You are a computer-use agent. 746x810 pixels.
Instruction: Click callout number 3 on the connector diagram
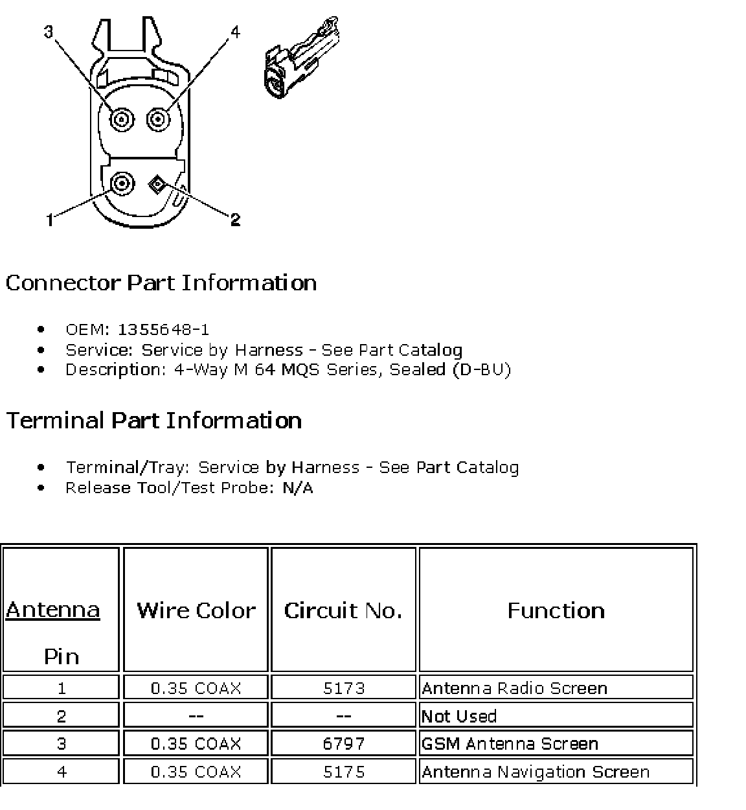click(x=49, y=31)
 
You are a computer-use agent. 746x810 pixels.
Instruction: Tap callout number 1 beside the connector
click(x=50, y=221)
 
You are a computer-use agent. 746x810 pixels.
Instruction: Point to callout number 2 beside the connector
click(x=235, y=220)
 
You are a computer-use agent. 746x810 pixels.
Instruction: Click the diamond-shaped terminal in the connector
click(x=156, y=185)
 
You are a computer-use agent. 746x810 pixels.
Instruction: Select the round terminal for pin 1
click(x=121, y=184)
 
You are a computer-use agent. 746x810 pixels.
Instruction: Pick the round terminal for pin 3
click(x=121, y=119)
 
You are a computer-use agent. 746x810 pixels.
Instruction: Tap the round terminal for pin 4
click(x=157, y=119)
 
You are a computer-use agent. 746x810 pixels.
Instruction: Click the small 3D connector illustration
click(x=300, y=60)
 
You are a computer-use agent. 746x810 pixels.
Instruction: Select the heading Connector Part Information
click(x=161, y=283)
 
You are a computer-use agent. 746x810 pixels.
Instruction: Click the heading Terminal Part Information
click(x=154, y=421)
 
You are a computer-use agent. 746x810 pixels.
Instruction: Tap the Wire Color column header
click(x=196, y=610)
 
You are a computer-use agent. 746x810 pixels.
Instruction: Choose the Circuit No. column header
click(x=343, y=610)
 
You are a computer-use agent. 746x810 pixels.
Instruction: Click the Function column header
click(x=556, y=610)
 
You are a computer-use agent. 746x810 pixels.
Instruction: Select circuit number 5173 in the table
click(x=344, y=688)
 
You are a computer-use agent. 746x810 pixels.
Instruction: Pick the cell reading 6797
click(x=344, y=743)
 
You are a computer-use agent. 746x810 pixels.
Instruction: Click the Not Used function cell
click(x=459, y=716)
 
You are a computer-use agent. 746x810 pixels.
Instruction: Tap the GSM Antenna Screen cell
click(x=510, y=743)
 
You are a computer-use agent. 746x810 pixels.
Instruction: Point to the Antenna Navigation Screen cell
click(x=535, y=772)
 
